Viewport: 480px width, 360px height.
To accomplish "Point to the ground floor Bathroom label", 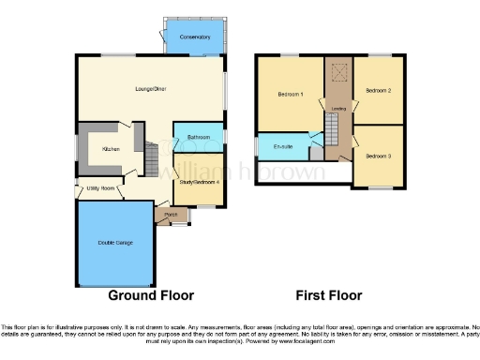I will tap(198, 138).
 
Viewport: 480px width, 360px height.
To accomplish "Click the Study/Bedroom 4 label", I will tap(199, 182).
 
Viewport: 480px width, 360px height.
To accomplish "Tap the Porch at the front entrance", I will tap(171, 215).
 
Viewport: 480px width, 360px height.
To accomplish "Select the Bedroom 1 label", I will tap(289, 95).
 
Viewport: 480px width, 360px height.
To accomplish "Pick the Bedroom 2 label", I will tap(378, 90).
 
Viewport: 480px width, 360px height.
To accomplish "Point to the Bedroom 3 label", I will tap(378, 155).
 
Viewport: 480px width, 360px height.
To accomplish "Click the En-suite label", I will tap(282, 147).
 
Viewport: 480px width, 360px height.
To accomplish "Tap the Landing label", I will tap(336, 108).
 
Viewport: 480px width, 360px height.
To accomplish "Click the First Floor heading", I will tap(328, 294).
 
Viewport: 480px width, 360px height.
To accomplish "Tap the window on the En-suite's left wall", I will tap(258, 147).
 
